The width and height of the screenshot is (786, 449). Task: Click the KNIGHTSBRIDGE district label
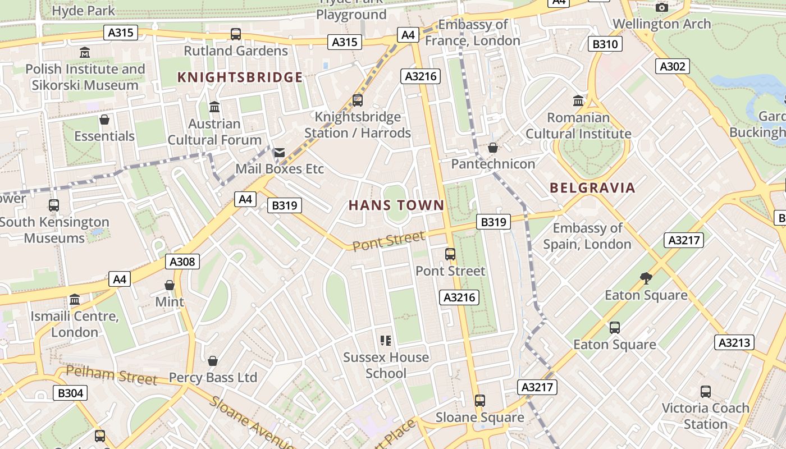(x=240, y=77)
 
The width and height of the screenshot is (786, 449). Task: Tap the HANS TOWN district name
(x=396, y=205)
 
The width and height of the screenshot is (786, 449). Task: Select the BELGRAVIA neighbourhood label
(x=592, y=188)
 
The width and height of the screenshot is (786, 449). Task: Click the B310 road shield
(x=605, y=44)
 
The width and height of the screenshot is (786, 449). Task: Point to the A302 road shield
(x=673, y=66)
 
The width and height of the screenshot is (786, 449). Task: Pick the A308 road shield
(x=182, y=262)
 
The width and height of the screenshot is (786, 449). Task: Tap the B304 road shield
(x=71, y=393)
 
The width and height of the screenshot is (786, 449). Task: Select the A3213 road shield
(x=734, y=342)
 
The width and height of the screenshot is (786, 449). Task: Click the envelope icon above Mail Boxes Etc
(x=279, y=153)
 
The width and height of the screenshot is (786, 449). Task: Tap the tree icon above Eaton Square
(x=646, y=278)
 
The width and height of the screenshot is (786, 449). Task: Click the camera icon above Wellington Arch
(x=662, y=7)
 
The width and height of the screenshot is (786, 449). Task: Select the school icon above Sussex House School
(x=386, y=340)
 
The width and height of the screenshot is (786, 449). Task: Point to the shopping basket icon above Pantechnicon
(x=492, y=148)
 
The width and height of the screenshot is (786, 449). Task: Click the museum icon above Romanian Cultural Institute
(x=578, y=101)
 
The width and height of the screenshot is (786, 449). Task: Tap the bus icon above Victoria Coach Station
(x=705, y=391)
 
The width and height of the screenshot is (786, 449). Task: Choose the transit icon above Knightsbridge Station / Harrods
(x=358, y=100)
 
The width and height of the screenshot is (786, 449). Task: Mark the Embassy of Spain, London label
(x=587, y=236)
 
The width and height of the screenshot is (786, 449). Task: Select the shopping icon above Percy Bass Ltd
(x=213, y=360)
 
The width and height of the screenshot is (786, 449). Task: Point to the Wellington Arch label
(x=662, y=24)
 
